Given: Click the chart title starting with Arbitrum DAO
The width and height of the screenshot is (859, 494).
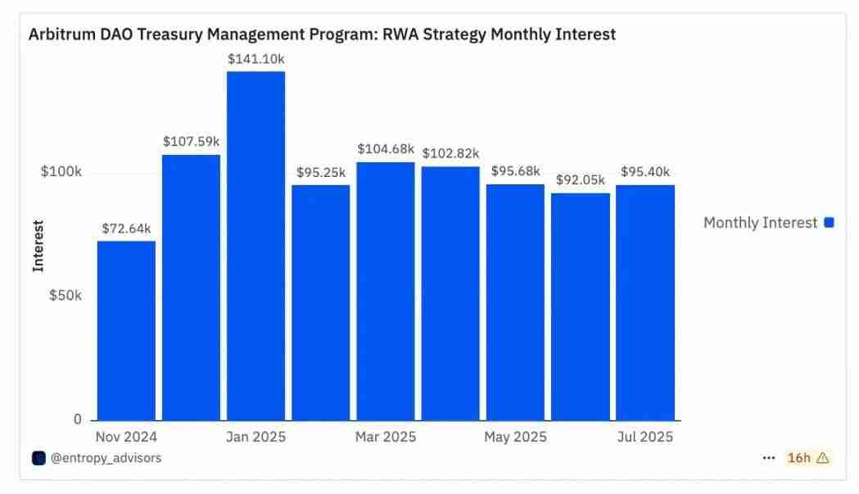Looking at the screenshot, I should tap(322, 34).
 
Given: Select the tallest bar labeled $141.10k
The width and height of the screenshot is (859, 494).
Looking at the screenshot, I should tap(255, 246).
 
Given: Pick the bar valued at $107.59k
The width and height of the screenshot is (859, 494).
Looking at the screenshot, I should tap(191, 287).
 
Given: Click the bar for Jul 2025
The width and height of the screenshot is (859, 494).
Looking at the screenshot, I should tap(645, 302).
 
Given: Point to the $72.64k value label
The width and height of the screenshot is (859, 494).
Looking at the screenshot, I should tap(126, 229).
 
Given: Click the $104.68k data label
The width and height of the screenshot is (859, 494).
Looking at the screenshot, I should tap(386, 149).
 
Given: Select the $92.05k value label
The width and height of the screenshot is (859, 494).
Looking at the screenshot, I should tap(580, 180).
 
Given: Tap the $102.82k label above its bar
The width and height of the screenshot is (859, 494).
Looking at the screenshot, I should tap(450, 154).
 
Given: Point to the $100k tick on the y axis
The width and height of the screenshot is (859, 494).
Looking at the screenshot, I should tap(61, 173).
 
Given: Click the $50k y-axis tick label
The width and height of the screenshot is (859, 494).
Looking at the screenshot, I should tap(66, 296).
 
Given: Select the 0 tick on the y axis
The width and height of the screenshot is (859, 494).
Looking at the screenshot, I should tap(78, 419).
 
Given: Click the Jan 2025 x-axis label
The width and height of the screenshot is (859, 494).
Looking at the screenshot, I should tap(255, 437).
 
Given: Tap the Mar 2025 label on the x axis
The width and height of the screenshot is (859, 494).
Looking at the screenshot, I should tap(386, 437).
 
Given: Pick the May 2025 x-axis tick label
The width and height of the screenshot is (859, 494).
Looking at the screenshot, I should tap(515, 437).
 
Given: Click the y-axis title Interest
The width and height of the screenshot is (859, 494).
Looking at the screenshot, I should tap(38, 246).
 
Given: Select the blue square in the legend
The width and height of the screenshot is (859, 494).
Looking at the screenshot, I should tap(829, 223).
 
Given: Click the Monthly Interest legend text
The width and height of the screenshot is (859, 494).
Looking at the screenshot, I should tap(760, 223).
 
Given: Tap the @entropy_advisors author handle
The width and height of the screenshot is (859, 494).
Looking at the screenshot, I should tap(106, 458).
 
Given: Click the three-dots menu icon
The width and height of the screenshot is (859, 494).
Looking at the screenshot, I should tap(768, 458).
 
